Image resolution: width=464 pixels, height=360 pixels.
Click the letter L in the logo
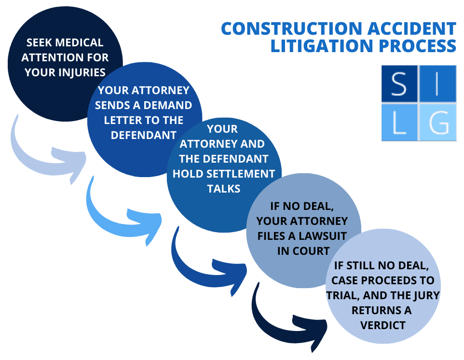(398, 123)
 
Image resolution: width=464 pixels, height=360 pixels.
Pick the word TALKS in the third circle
(224, 188)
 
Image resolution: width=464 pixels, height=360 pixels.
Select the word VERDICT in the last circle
(383, 325)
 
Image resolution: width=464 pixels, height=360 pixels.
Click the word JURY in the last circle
(423, 295)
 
